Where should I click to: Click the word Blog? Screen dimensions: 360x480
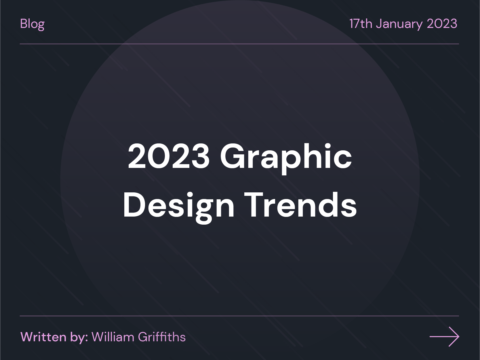(32, 24)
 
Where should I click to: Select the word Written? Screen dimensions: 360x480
(43, 337)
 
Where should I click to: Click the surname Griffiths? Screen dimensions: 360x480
(162, 337)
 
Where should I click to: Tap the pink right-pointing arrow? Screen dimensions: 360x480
(444, 336)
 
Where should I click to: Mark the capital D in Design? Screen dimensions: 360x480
(134, 205)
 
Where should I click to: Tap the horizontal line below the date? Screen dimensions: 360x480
(239, 44)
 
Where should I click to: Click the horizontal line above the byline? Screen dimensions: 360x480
(239, 316)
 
